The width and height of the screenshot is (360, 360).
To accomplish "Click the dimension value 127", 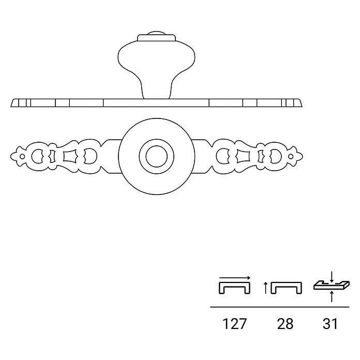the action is click(234, 324).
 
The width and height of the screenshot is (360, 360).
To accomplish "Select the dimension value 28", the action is click(285, 324).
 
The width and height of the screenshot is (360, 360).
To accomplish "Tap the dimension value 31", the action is click(330, 324).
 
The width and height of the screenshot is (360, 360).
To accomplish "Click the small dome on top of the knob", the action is click(156, 33).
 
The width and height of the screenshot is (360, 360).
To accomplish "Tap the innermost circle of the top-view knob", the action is click(157, 156).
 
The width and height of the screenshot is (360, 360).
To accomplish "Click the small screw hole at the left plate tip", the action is click(22, 157).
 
